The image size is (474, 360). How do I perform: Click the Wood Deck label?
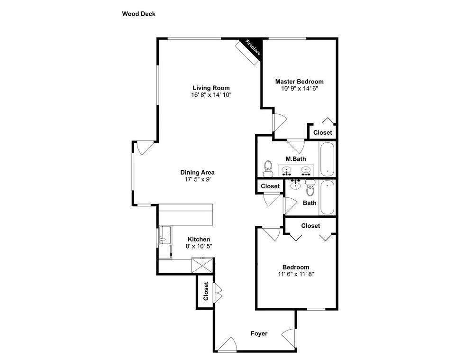tap(138, 14)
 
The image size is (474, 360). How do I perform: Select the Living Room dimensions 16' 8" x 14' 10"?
tap(211, 95)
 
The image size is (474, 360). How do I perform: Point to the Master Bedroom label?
tap(299, 82)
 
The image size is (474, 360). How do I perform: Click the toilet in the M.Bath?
tap(268, 168)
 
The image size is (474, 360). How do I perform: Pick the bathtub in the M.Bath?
tap(327, 159)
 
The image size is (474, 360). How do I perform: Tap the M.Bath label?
tap(296, 159)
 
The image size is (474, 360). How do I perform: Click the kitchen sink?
tap(165, 235)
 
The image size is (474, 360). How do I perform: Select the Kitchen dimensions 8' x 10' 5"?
tap(199, 246)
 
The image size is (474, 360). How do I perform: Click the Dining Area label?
tap(197, 173)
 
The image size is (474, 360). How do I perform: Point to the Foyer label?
tap(259, 333)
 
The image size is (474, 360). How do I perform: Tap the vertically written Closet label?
tap(206, 291)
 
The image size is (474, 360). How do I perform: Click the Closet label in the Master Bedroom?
tap(322, 132)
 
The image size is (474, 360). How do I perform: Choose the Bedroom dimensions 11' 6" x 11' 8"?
tap(296, 274)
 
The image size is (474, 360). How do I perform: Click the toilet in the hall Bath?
tap(310, 187)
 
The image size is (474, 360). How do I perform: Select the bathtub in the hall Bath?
tap(327, 197)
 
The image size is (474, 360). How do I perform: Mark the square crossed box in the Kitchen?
tap(202, 265)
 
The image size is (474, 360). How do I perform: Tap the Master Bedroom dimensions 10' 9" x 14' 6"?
tap(300, 89)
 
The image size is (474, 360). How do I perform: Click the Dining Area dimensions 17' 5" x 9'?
tap(197, 179)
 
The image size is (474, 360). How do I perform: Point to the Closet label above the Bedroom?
tap(310, 226)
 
